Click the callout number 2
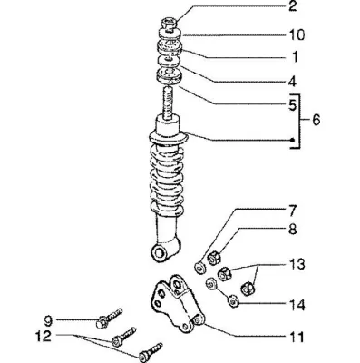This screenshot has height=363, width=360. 292,6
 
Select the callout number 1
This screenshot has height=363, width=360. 295,57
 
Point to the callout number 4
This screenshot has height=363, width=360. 292,82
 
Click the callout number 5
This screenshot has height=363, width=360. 292,105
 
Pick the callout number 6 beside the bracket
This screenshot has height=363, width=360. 315,120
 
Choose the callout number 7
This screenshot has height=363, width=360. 292,211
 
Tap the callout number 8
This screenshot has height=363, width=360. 292,229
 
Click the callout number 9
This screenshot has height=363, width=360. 48,321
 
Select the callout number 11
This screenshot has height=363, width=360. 295,337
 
